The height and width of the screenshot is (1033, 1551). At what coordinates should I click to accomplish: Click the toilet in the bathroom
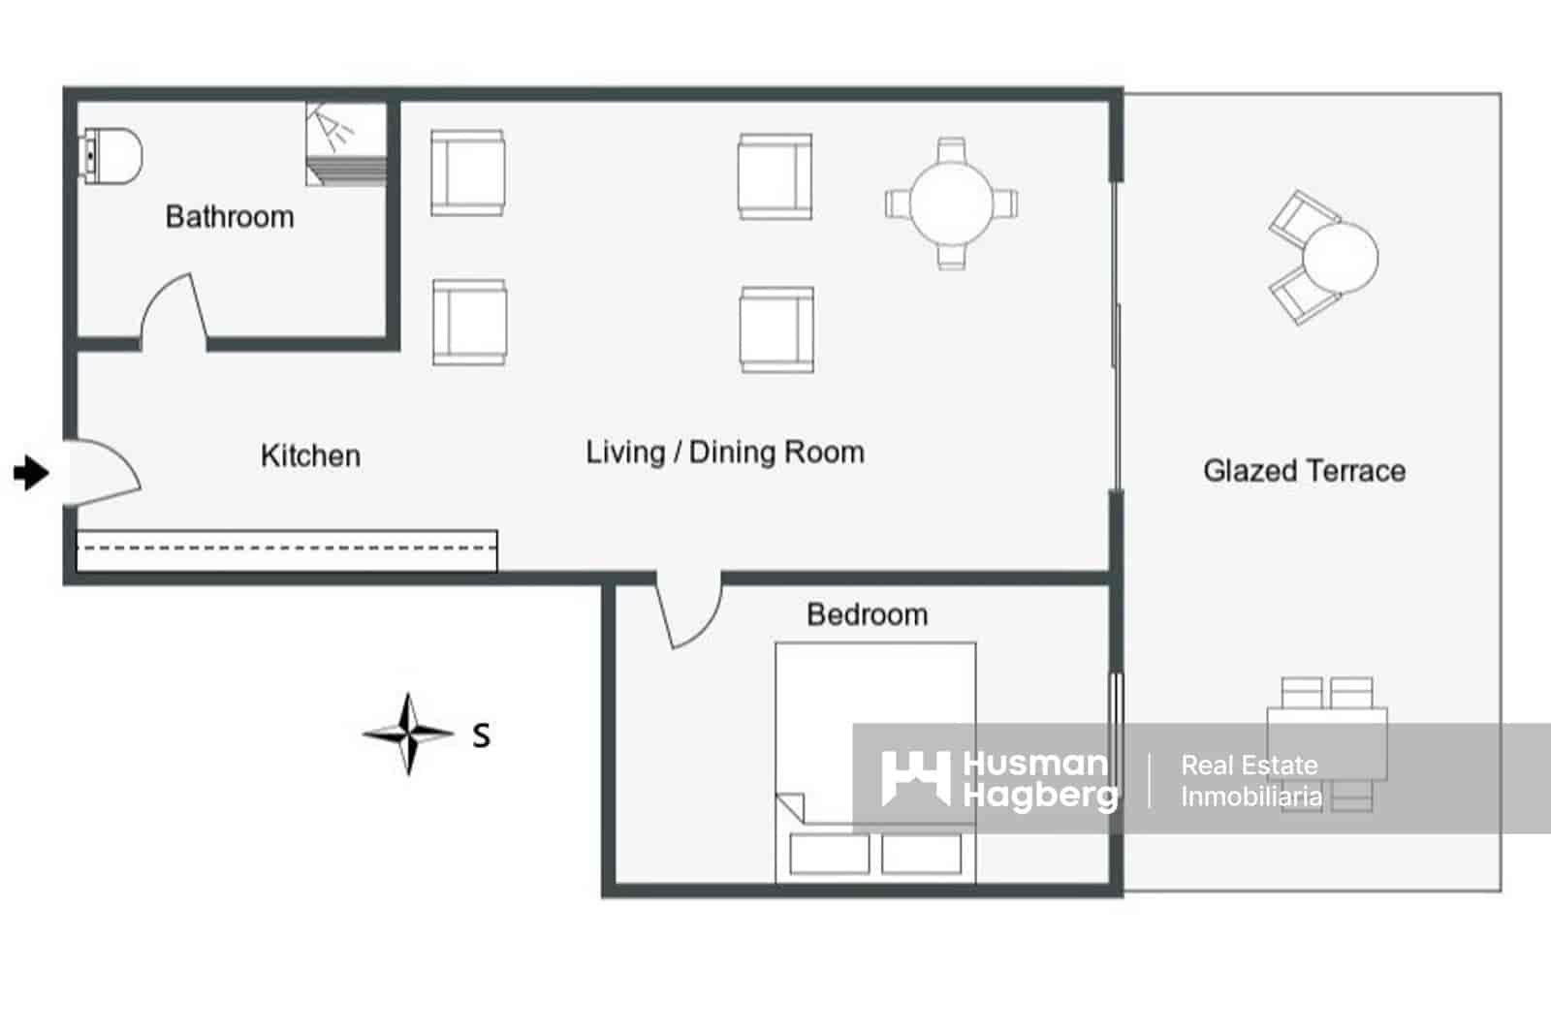(x=111, y=156)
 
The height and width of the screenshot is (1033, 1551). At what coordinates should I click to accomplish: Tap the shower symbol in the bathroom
(x=345, y=144)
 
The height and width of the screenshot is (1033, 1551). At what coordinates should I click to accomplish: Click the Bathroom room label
(x=230, y=217)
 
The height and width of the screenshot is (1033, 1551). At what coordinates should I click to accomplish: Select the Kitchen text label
(x=310, y=455)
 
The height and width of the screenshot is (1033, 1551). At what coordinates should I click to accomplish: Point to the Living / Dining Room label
(x=725, y=453)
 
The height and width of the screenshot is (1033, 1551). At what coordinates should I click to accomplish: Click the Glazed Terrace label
(x=1305, y=471)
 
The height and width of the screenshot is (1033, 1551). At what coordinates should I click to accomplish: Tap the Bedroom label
(x=867, y=614)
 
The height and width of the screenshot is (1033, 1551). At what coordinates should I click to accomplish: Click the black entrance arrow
(x=31, y=473)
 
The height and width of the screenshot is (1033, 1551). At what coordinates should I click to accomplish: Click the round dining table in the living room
(x=951, y=203)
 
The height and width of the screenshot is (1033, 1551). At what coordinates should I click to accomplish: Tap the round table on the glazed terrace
(x=1341, y=257)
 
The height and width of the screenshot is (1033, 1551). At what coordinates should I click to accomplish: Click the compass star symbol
(x=408, y=734)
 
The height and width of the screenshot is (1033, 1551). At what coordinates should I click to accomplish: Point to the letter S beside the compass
(x=481, y=736)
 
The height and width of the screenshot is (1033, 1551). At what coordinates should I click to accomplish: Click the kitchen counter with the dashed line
(x=287, y=550)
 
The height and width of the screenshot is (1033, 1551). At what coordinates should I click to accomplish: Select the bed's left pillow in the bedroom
(x=830, y=854)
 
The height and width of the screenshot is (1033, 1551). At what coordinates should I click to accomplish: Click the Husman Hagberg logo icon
(x=915, y=779)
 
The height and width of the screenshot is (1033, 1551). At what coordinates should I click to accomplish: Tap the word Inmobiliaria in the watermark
(x=1251, y=797)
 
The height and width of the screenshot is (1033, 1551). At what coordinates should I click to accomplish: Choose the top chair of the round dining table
(x=951, y=149)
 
